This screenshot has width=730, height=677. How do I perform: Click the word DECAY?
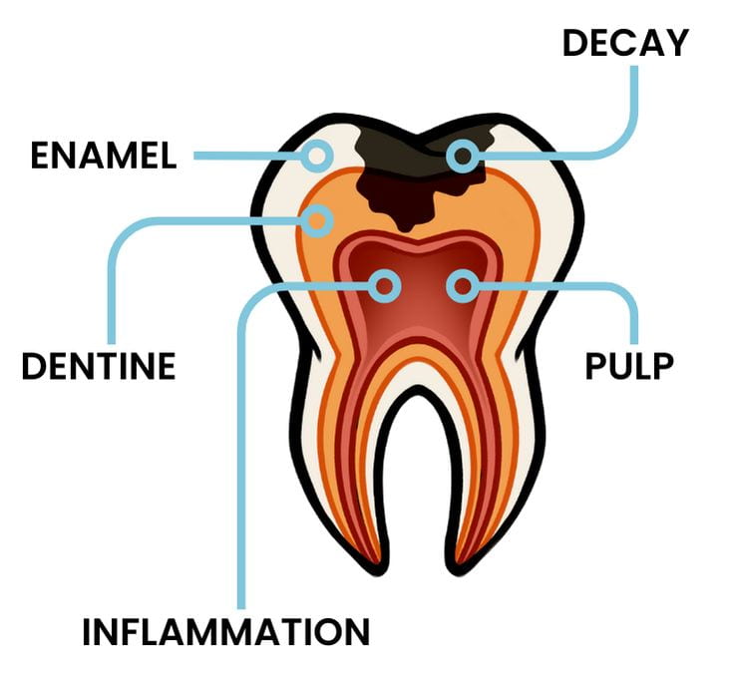click(x=625, y=43)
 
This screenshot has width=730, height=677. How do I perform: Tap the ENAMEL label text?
click(x=104, y=156)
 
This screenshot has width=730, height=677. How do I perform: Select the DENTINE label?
click(x=99, y=366)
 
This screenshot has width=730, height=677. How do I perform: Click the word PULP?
click(x=628, y=366)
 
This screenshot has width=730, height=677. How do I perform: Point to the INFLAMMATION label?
click(x=225, y=631)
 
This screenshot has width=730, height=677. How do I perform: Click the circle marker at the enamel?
click(x=319, y=156)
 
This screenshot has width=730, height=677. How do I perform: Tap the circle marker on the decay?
click(x=462, y=156)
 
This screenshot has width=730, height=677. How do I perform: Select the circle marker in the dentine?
click(x=319, y=220)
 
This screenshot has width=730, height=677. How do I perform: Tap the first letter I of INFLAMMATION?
click(x=87, y=631)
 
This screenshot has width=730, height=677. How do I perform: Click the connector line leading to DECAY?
click(x=634, y=110)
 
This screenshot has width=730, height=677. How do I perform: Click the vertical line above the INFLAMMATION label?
click(x=241, y=449)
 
